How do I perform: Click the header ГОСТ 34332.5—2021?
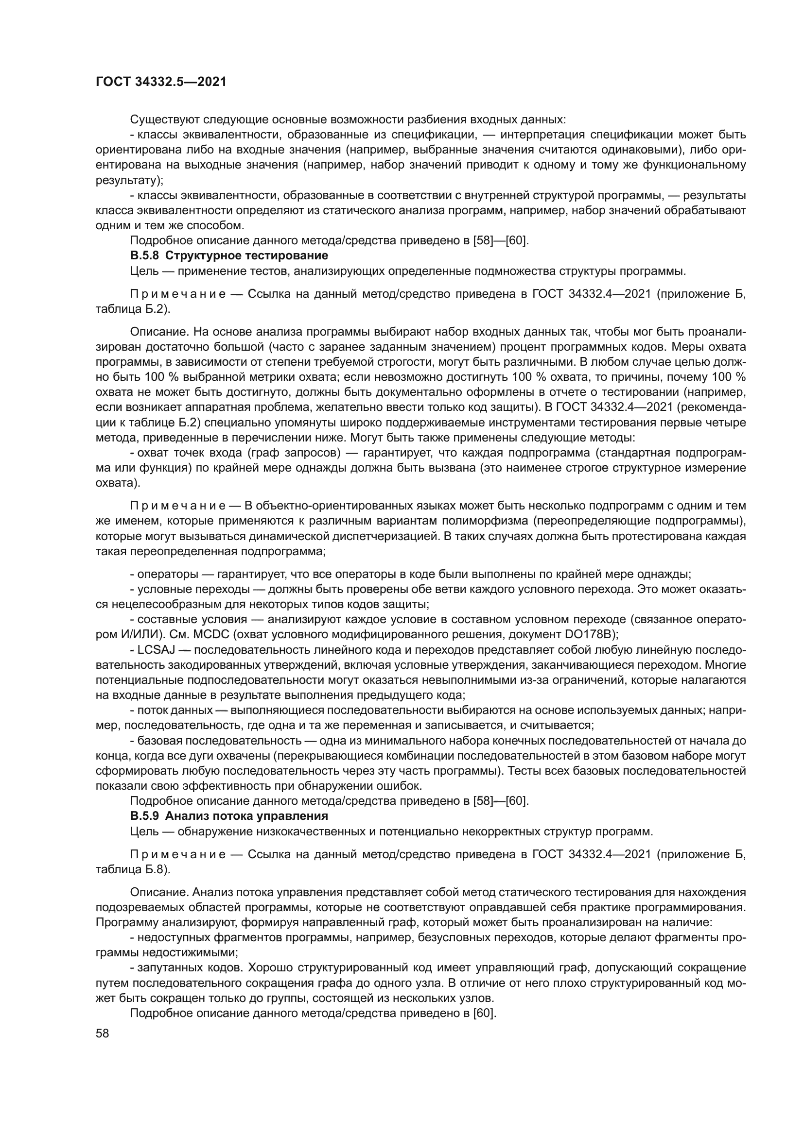[161, 82]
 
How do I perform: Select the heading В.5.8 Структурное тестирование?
[229, 256]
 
